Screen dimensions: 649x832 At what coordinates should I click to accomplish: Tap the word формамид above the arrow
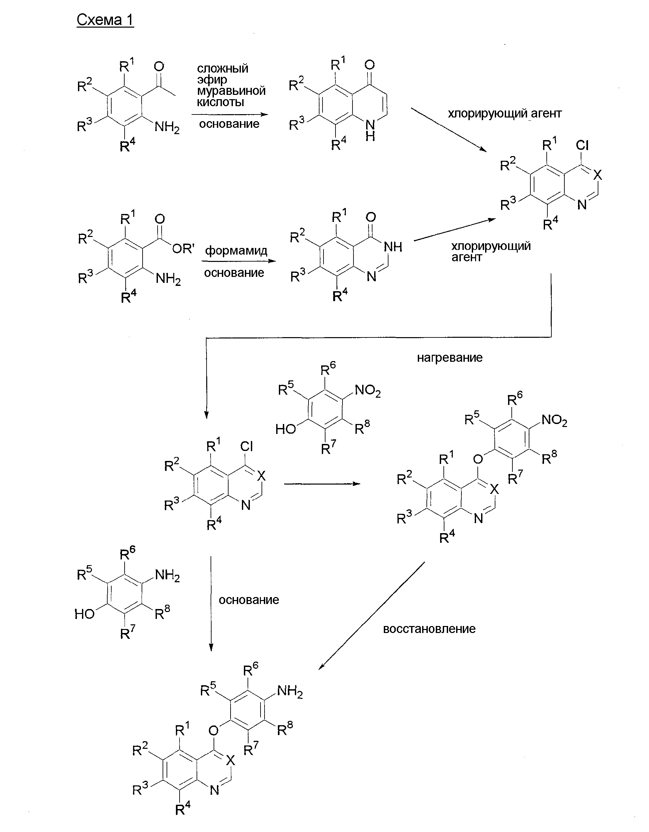(x=236, y=251)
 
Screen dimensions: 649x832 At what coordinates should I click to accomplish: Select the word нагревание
(x=449, y=358)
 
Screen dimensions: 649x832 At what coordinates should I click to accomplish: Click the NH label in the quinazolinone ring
(x=393, y=247)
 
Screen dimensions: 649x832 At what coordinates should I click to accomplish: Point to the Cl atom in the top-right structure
(x=582, y=145)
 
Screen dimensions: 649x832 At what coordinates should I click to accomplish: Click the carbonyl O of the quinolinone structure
(x=369, y=65)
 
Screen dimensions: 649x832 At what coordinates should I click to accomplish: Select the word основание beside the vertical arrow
(x=249, y=600)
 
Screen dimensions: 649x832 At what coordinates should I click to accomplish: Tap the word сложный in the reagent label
(x=223, y=69)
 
